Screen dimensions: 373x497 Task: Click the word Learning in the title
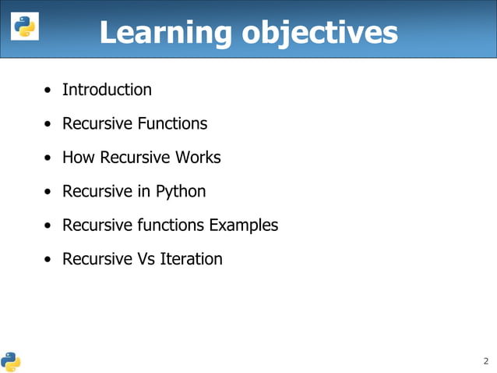[x=167, y=32]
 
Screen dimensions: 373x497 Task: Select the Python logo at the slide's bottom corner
[x=11, y=361]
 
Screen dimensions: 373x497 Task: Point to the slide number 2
[x=485, y=361]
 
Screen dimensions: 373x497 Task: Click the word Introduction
[x=107, y=90]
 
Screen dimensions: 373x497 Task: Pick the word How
[x=77, y=158]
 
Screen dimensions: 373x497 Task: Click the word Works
[x=198, y=158]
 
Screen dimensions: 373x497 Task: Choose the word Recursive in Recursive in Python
[x=97, y=191]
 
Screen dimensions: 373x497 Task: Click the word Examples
[x=243, y=226]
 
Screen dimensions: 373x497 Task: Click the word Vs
[x=146, y=259]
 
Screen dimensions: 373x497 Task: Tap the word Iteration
[x=191, y=259]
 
